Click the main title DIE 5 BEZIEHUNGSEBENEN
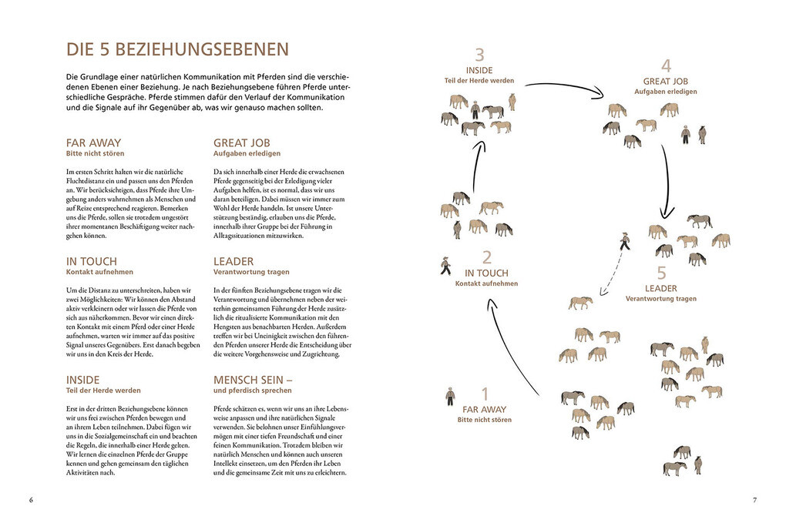pyautogui.click(x=177, y=50)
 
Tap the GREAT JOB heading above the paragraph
pyautogui.click(x=241, y=142)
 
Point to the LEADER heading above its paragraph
pyautogui.click(x=233, y=261)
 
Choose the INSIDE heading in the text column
pyautogui.click(x=83, y=380)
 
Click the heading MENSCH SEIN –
pyautogui.click(x=253, y=380)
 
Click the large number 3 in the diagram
pyautogui.click(x=479, y=55)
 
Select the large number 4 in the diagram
pyautogui.click(x=666, y=65)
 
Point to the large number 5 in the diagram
pyautogui.click(x=661, y=273)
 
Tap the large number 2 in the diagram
pyautogui.click(x=486, y=258)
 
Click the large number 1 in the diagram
pyautogui.click(x=485, y=394)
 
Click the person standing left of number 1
pyautogui.click(x=450, y=397)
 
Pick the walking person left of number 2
pyautogui.click(x=445, y=265)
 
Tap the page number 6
pyautogui.click(x=31, y=500)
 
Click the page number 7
pyautogui.click(x=754, y=500)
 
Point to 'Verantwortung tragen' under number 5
pyautogui.click(x=660, y=299)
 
